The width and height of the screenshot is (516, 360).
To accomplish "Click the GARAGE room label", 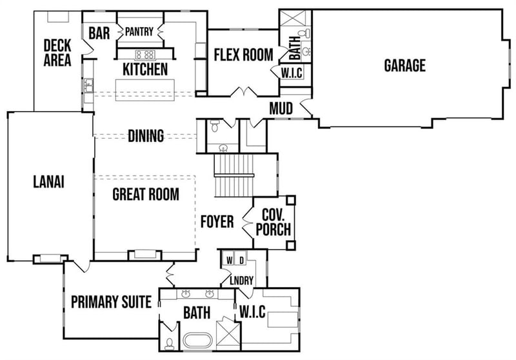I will [x=404, y=65].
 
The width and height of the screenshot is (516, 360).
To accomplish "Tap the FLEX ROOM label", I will [x=243, y=55].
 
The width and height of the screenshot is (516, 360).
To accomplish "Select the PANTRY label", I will [x=139, y=32].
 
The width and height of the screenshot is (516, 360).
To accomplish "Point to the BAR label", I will [x=99, y=33].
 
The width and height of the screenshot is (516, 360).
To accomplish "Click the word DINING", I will [x=145, y=136].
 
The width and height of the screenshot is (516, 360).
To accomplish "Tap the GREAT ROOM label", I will [x=146, y=194].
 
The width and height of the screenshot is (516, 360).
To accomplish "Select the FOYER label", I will [x=217, y=222].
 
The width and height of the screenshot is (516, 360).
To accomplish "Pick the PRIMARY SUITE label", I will [x=111, y=302].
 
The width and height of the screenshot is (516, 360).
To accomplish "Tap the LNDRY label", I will [x=241, y=281].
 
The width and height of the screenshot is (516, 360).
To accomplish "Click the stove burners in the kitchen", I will [x=144, y=54].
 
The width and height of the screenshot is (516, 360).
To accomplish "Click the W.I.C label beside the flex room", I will [x=292, y=73].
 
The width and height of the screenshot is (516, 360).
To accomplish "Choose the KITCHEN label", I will [x=144, y=69].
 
